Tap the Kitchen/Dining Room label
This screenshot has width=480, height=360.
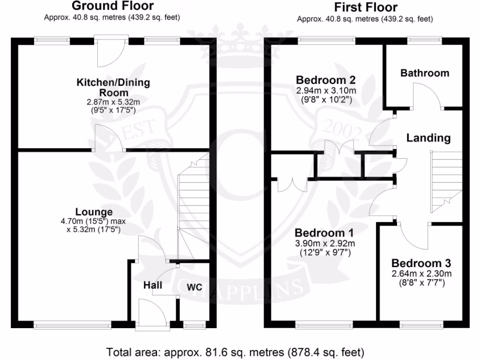tap(113, 87)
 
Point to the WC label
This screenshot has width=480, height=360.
tap(195, 287)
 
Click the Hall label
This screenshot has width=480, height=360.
tap(153, 285)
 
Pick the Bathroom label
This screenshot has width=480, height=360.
tap(425, 73)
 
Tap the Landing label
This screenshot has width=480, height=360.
tap(428, 138)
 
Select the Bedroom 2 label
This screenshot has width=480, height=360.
tap(325, 79)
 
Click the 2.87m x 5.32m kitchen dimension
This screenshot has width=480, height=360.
tap(113, 102)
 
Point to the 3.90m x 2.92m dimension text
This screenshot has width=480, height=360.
tap(324, 243)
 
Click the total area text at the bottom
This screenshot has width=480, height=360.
tap(235, 351)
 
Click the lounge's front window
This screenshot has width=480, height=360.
tap(72, 323)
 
